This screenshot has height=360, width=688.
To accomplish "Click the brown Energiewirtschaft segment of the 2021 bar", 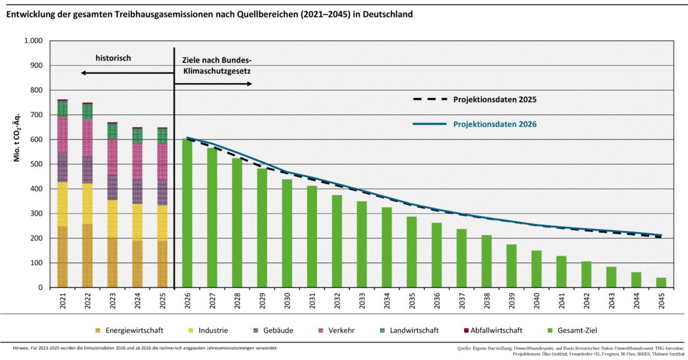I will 63,256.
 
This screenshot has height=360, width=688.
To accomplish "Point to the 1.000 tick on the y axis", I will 33,41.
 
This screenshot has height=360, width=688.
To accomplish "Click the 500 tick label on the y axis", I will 36,164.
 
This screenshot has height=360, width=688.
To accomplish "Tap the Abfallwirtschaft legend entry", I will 487,330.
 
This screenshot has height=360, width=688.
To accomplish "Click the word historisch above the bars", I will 113,58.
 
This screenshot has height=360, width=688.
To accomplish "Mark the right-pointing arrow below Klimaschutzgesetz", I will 213,83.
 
